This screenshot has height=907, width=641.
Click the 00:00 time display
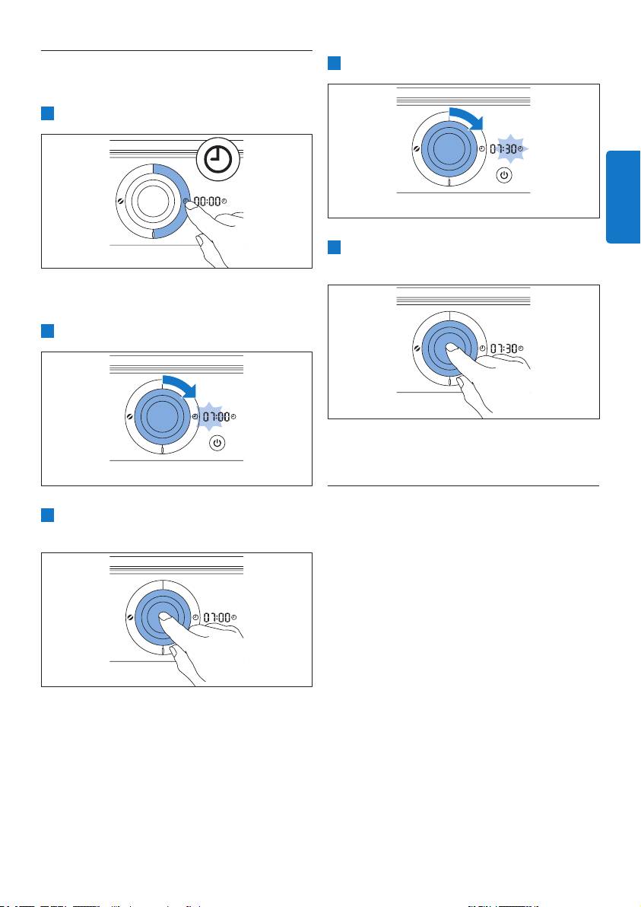click(x=207, y=202)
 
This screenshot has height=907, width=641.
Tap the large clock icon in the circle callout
click(x=218, y=159)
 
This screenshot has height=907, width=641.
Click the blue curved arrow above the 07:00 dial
click(x=179, y=387)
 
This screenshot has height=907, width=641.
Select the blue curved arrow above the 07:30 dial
click(x=466, y=119)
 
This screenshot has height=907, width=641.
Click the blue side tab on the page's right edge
click(x=623, y=196)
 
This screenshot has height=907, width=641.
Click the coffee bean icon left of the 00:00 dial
click(x=120, y=202)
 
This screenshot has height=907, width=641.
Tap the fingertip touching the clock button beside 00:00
click(x=189, y=204)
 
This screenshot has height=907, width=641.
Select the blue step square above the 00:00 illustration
click(x=47, y=113)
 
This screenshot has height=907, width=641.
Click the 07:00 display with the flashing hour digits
click(x=216, y=416)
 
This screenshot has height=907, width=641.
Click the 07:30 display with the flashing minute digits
click(x=503, y=149)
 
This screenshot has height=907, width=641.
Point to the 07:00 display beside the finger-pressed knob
click(x=217, y=618)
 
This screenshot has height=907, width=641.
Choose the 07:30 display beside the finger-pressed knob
click(x=504, y=348)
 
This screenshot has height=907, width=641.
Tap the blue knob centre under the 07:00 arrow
click(x=162, y=416)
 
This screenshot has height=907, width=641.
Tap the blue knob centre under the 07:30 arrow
click(x=449, y=148)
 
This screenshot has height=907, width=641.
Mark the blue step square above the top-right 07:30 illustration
click(x=334, y=63)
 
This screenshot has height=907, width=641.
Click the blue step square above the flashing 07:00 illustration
click(x=47, y=331)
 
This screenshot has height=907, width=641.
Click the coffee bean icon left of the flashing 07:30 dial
click(x=417, y=149)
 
